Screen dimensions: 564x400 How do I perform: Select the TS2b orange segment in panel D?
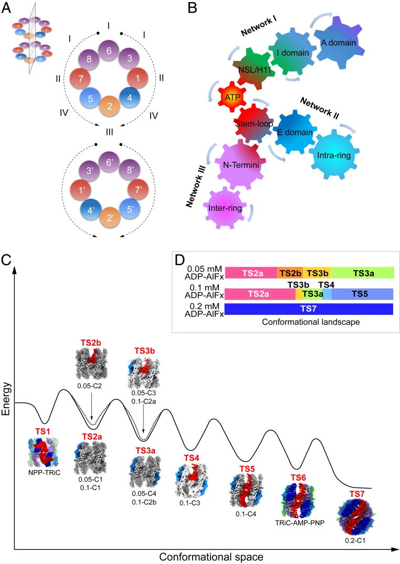tap(290, 273)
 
